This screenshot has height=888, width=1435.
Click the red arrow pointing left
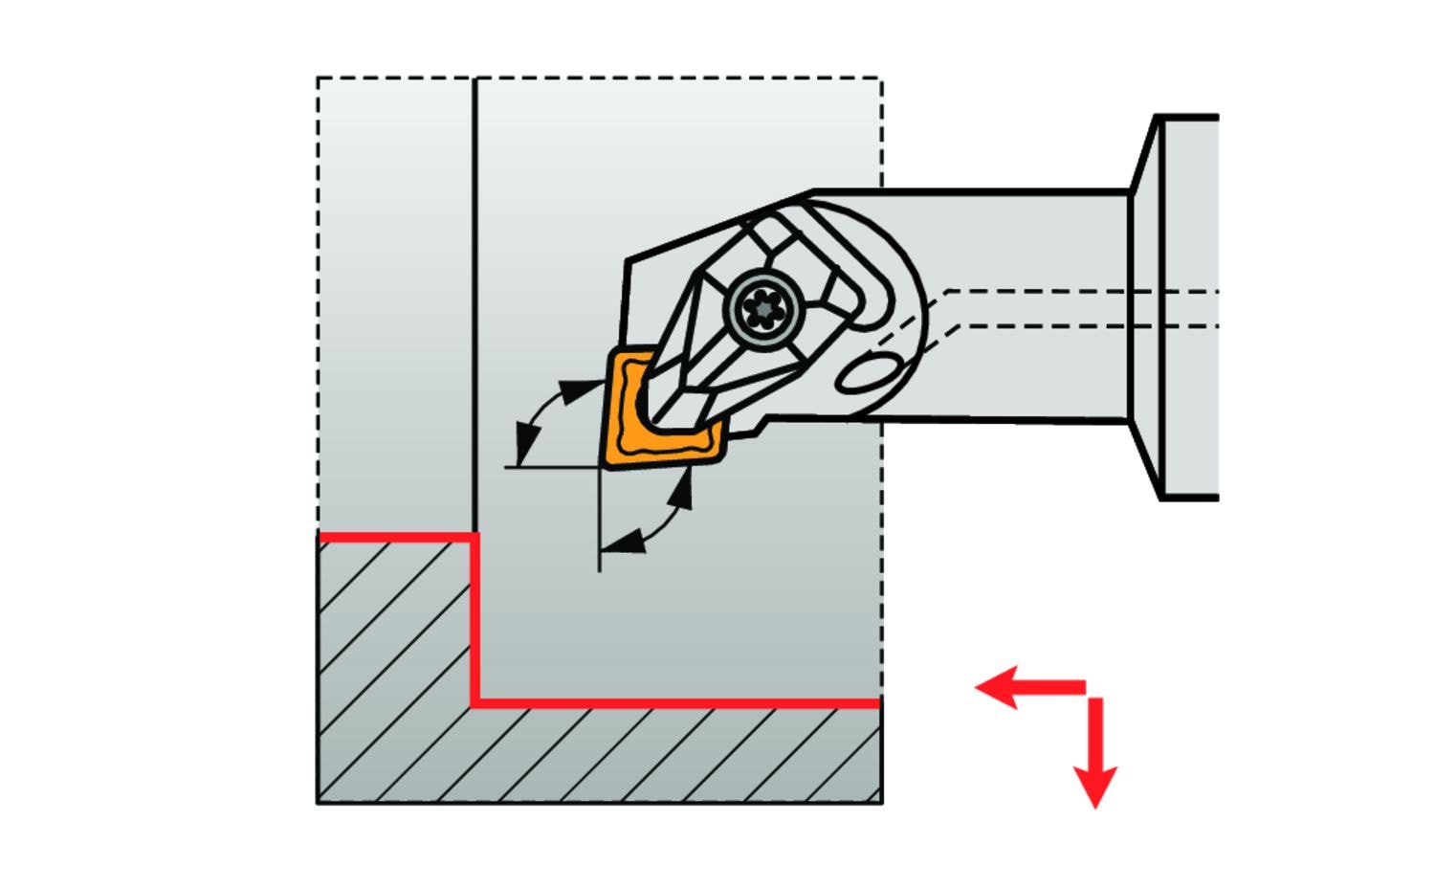point(1014,687)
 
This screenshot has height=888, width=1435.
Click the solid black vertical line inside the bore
point(475,287)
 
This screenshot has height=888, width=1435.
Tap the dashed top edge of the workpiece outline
point(670,78)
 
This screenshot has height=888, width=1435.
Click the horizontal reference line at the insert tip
point(545,468)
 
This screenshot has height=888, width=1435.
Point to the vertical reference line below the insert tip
point(599,526)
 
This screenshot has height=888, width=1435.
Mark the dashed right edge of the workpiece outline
point(881,574)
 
